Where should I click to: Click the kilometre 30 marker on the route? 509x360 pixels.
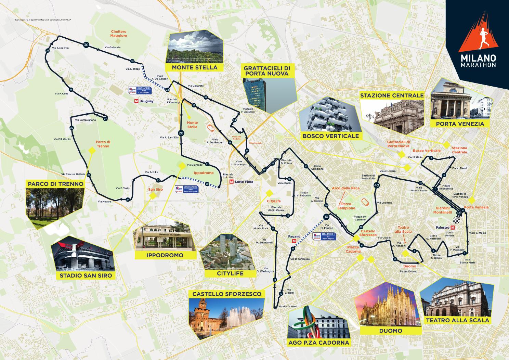coord(86,45)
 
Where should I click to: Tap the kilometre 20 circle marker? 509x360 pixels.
coord(181,133)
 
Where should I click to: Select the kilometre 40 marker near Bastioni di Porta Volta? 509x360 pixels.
coord(377,185)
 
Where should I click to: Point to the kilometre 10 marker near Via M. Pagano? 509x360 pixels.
coord(326,217)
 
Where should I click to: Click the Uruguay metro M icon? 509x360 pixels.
coord(137,101)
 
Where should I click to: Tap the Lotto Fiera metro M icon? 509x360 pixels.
coord(232,182)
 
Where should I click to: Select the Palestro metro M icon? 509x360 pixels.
coord(453,227)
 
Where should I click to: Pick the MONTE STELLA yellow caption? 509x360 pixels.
coord(195,67)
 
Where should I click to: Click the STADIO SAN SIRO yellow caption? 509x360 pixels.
coord(86,275)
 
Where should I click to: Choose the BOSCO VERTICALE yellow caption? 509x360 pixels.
coord(330,136)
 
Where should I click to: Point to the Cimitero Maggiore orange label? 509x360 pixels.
coord(119,33)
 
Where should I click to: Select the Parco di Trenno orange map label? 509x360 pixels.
coord(103,144)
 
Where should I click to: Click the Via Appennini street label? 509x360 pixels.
coord(61,48)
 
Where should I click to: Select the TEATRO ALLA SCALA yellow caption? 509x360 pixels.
coord(458,320)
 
